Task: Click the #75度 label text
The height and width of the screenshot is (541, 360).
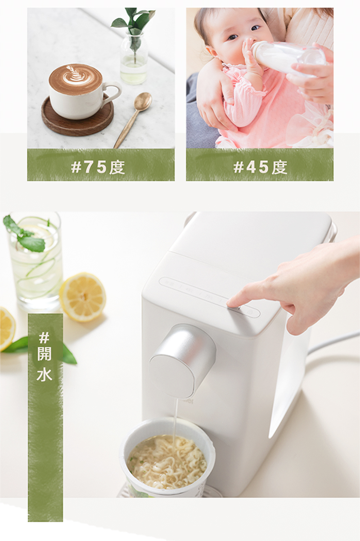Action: click(98, 167)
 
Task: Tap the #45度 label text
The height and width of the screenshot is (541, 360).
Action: click(260, 167)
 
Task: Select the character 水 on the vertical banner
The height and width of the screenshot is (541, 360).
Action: click(44, 375)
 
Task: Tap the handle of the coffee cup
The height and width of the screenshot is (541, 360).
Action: click(113, 91)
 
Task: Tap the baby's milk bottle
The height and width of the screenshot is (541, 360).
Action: click(288, 58)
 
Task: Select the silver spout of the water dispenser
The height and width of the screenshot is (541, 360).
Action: click(182, 361)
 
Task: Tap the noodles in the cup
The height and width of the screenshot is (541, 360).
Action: click(167, 465)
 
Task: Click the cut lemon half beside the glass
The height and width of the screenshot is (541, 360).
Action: click(83, 297)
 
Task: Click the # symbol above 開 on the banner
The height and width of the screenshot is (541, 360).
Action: click(44, 337)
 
